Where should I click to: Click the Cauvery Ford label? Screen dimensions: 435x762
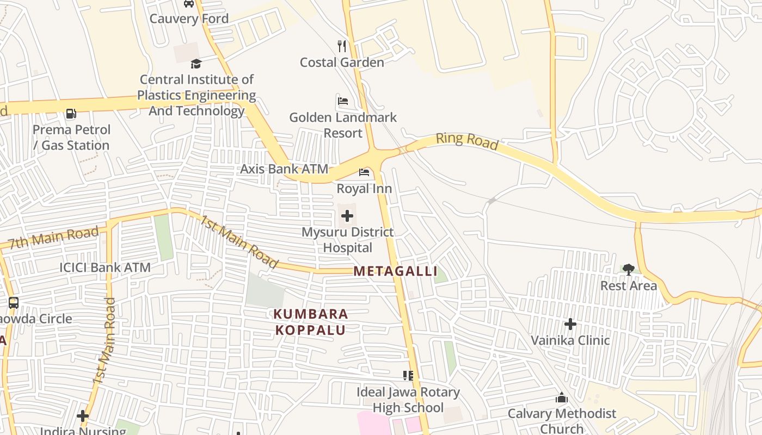[189, 18]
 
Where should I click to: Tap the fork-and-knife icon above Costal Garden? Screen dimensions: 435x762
[342, 46]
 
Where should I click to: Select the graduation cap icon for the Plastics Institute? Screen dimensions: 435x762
[196, 64]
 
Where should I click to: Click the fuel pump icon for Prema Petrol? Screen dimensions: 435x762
[71, 114]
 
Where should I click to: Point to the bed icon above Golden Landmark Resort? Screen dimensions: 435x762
[343, 101]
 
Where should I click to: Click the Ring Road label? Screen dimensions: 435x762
[467, 140]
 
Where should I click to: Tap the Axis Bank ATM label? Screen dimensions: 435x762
[284, 169]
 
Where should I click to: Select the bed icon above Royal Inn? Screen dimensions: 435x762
[364, 173]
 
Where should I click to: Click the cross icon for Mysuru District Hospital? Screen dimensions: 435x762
[347, 216]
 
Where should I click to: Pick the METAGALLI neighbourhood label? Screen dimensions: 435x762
[396, 271]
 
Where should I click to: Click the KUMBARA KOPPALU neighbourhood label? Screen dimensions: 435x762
[311, 322]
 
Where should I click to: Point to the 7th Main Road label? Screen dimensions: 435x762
[53, 238]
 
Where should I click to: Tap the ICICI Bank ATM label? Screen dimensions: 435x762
[105, 268]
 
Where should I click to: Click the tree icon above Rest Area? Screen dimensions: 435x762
[629, 269]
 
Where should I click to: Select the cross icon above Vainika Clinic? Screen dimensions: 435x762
[570, 325]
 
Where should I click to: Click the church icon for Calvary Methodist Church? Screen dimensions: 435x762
[562, 398]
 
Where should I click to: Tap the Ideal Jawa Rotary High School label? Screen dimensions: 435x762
[408, 400]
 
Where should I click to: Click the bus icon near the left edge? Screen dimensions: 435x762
[14, 303]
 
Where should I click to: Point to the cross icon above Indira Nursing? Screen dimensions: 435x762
[83, 416]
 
